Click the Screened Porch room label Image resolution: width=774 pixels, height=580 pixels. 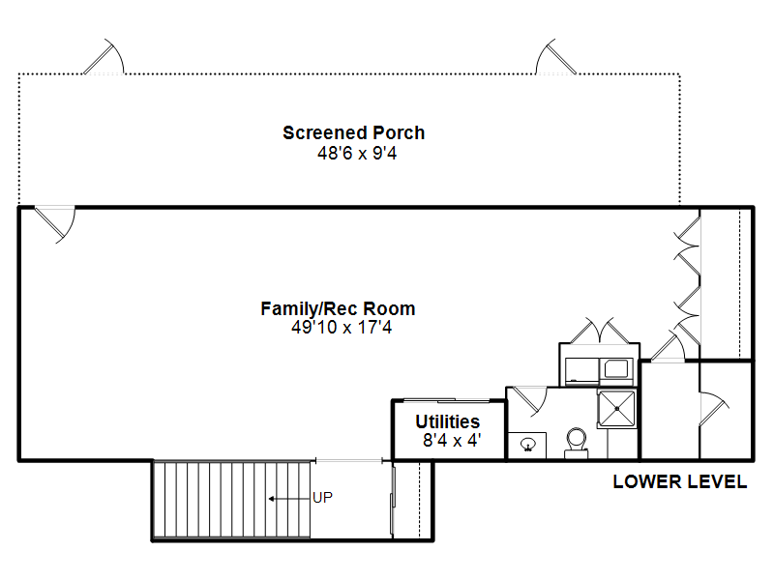point(353,132)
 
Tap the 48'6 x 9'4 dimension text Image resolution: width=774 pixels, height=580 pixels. point(357,154)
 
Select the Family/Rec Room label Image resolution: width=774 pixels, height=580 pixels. point(338,308)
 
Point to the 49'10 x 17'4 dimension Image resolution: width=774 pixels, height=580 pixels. point(342,327)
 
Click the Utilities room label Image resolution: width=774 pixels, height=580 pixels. point(448,421)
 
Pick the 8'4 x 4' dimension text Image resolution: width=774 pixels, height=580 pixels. point(452,440)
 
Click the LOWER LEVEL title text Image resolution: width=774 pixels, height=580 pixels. point(680,481)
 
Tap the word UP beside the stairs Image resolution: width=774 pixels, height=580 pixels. point(323,498)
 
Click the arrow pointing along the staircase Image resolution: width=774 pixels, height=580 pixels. point(289,499)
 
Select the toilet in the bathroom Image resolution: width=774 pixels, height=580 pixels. point(576,443)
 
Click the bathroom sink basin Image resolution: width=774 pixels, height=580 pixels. point(527,445)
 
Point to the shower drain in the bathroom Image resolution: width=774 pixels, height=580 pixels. point(616,408)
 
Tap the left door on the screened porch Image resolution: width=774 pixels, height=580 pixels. point(104,57)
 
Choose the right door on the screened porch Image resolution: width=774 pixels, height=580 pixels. point(555,57)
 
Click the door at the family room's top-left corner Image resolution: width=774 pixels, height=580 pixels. point(55,224)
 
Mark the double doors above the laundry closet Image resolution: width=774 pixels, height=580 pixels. point(599,331)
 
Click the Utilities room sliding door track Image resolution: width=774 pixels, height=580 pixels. point(447,399)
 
